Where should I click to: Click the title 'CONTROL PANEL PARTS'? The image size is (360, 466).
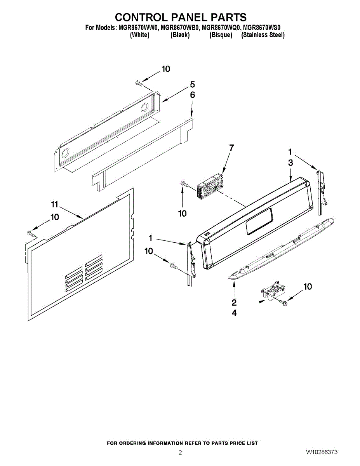pyautogui.click(x=181, y=17)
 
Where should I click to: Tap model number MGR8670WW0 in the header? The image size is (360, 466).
pyautogui.click(x=137, y=28)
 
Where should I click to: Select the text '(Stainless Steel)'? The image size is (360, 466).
pyautogui.click(x=263, y=35)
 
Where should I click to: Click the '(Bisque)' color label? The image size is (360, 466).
pyautogui.click(x=221, y=35)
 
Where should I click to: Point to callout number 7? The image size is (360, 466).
pyautogui.click(x=231, y=148)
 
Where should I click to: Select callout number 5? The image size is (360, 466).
pyautogui.click(x=192, y=84)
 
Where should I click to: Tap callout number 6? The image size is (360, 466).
pyautogui.click(x=192, y=94)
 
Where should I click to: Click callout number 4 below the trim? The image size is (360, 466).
pyautogui.click(x=234, y=313)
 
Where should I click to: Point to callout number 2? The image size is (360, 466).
pyautogui.click(x=234, y=303)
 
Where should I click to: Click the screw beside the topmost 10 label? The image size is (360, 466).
pyautogui.click(x=139, y=83)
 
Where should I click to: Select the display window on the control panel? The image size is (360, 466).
pyautogui.click(x=259, y=222)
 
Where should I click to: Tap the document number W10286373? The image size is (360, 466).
pyautogui.click(x=321, y=452)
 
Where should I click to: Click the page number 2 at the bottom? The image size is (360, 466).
pyautogui.click(x=180, y=452)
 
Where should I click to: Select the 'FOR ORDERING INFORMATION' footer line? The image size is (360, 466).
pyautogui.click(x=182, y=443)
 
